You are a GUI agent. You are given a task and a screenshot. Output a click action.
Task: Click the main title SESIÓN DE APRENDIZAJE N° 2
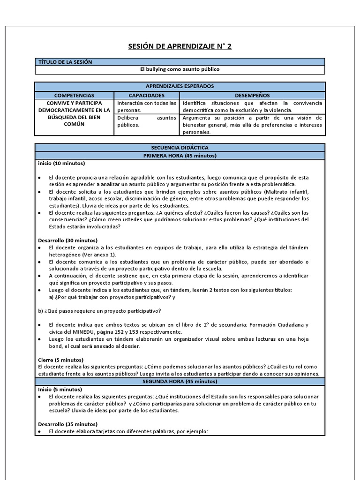180,46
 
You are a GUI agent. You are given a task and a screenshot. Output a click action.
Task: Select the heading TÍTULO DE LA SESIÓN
65,62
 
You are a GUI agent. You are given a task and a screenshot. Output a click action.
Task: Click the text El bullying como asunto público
180,69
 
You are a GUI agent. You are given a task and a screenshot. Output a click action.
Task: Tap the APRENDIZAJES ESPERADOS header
180,86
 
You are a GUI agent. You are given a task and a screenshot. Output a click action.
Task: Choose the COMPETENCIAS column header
74,95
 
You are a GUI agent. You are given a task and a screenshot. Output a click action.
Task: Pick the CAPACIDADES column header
147,95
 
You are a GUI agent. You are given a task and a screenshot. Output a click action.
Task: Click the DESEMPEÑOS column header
252,95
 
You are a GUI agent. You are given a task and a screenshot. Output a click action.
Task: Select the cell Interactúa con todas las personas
147,106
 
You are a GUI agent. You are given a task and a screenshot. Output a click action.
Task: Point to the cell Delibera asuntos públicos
147,121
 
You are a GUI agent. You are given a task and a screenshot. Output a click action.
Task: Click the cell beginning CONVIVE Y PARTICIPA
74,113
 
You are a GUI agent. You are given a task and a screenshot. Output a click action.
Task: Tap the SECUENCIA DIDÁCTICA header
180,148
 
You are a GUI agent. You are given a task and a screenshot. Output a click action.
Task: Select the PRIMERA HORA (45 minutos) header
180,156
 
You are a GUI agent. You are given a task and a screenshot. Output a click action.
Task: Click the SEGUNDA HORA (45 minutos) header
180,382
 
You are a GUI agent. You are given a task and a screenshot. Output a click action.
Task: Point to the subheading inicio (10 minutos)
61,164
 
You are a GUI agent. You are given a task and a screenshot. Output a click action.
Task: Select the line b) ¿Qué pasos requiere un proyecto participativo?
99,311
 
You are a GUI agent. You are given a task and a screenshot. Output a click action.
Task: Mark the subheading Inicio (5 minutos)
60,389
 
